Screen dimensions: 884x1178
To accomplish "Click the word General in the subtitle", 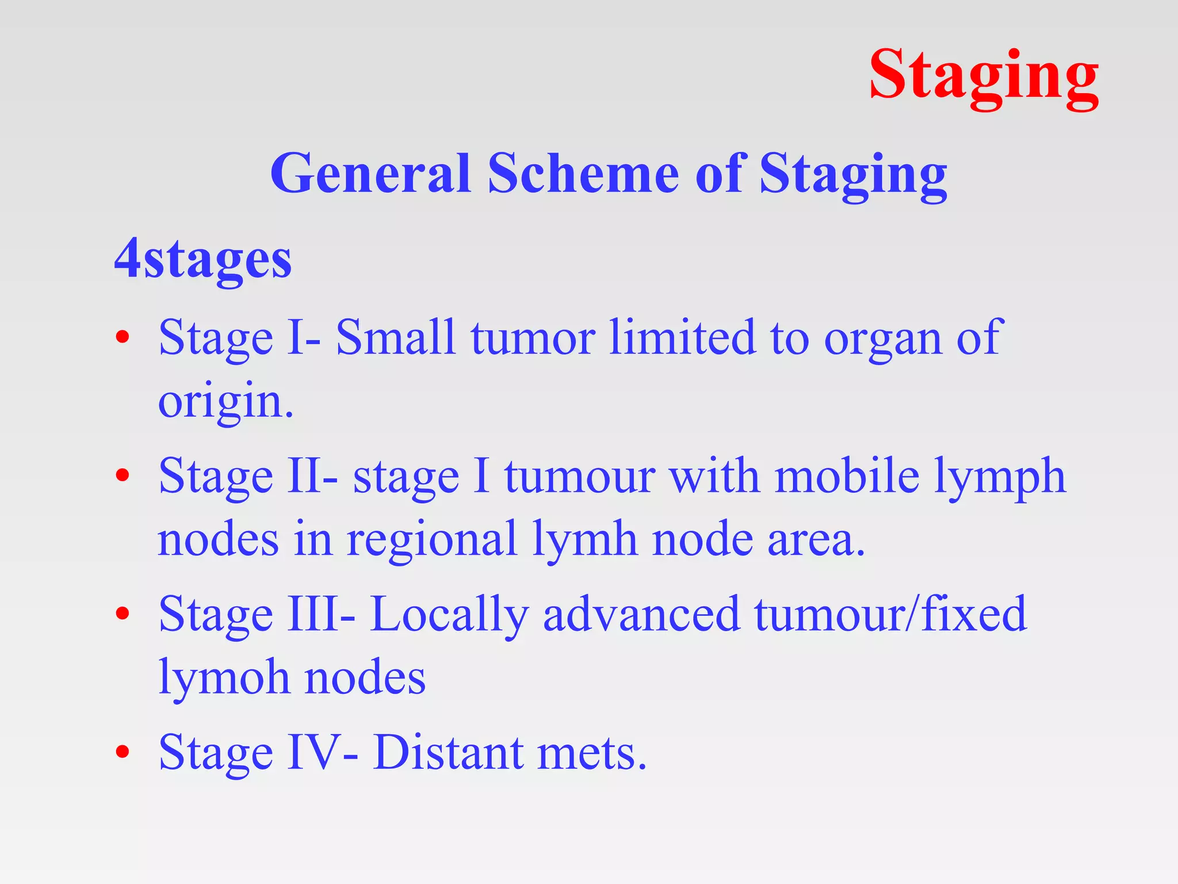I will (x=370, y=174).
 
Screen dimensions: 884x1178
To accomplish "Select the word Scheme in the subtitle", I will (x=583, y=174).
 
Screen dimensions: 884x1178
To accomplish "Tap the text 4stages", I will (x=203, y=260).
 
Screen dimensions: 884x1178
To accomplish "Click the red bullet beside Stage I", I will (x=122, y=338).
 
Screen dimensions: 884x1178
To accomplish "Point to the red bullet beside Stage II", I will (x=122, y=476).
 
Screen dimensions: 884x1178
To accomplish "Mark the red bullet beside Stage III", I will (x=122, y=614).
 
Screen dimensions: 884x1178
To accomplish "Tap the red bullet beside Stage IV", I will (x=122, y=752).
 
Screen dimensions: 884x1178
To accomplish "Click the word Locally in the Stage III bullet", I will (x=449, y=615).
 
